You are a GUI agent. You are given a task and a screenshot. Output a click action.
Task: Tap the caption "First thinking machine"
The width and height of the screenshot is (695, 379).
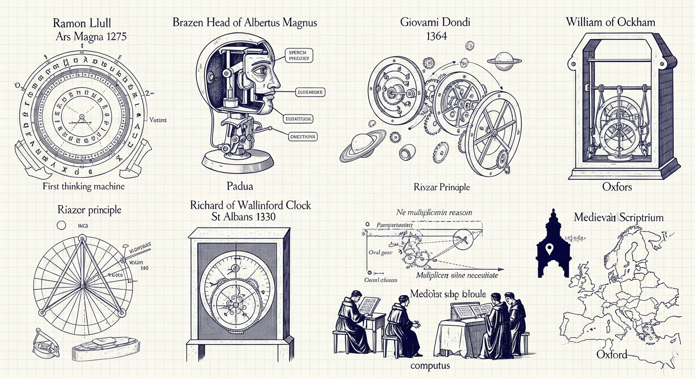(x=83, y=186)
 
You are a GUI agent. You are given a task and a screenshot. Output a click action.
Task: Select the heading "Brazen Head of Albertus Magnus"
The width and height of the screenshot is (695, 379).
(x=245, y=23)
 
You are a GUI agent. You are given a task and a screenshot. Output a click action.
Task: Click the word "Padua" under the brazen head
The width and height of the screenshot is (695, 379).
(x=241, y=186)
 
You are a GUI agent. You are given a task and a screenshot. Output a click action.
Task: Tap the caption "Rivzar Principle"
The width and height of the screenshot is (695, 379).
(x=441, y=187)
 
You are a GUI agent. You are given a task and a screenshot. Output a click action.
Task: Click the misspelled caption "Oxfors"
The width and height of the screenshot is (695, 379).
(x=617, y=187)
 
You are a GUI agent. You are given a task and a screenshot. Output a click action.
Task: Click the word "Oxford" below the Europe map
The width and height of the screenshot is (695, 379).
(x=612, y=354)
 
